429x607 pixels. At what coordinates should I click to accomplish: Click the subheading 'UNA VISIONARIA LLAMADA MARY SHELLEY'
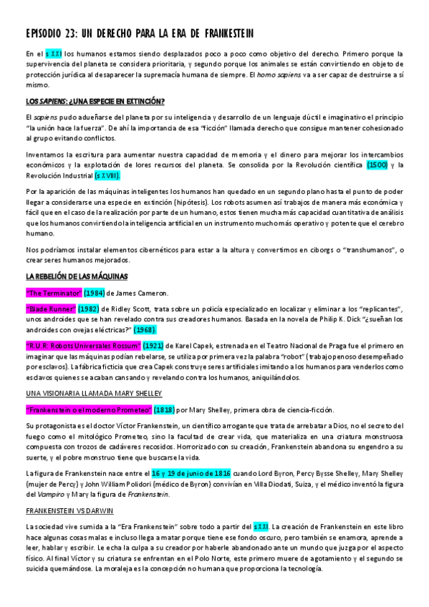93,393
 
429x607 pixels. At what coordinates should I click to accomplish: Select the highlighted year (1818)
166,410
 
